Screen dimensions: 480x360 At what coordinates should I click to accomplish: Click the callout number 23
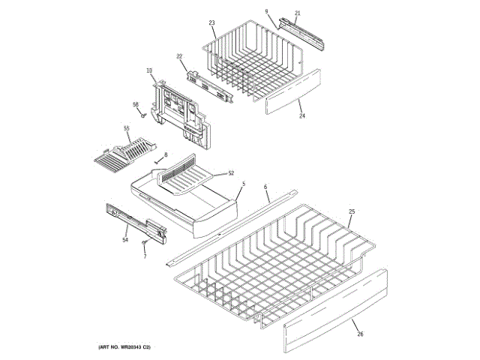(211, 24)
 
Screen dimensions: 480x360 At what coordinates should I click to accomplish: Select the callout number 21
(297, 13)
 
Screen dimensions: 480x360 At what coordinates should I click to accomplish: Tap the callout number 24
(302, 116)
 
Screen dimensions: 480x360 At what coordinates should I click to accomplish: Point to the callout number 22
(180, 57)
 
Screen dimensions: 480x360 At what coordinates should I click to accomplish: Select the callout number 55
(127, 128)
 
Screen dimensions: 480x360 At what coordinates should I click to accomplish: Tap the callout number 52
(231, 173)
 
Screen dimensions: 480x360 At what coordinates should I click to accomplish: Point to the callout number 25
(352, 212)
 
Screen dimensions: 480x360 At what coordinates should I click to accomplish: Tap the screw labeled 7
(145, 243)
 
